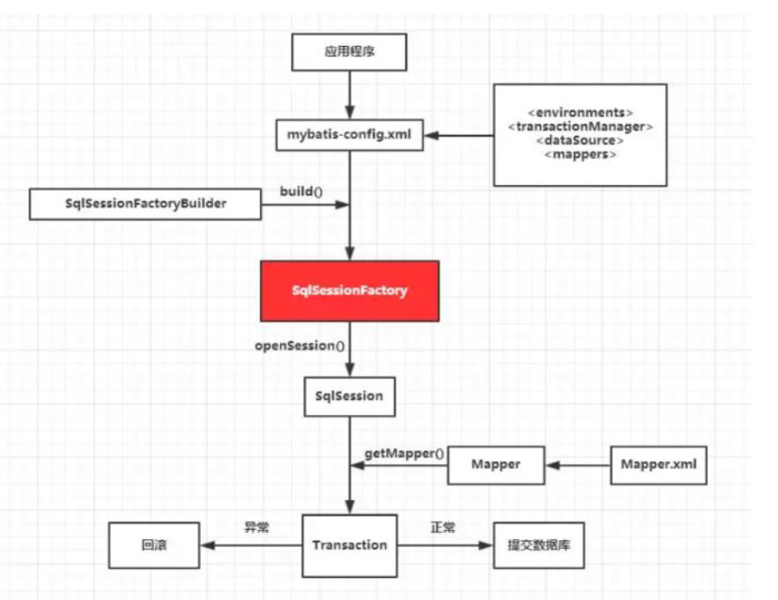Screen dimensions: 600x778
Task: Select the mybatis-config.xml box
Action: tap(349, 135)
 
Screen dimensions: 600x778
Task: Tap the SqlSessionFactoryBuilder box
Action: tap(145, 203)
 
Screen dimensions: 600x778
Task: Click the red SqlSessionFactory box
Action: tap(349, 290)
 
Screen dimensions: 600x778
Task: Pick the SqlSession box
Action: tap(349, 396)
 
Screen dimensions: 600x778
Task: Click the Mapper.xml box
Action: tap(658, 464)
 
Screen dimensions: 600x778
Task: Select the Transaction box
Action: tap(349, 545)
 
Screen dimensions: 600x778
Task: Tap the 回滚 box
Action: tap(153, 546)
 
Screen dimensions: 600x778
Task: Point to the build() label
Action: tap(301, 190)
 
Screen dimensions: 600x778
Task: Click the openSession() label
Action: tap(299, 345)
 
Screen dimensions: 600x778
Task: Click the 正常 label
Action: tap(443, 528)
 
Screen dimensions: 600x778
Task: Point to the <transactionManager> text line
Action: tap(580, 127)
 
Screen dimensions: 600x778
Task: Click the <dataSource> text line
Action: tap(580, 140)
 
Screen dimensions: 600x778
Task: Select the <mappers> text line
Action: tap(580, 154)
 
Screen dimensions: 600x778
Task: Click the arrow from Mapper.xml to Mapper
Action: tap(578, 465)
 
